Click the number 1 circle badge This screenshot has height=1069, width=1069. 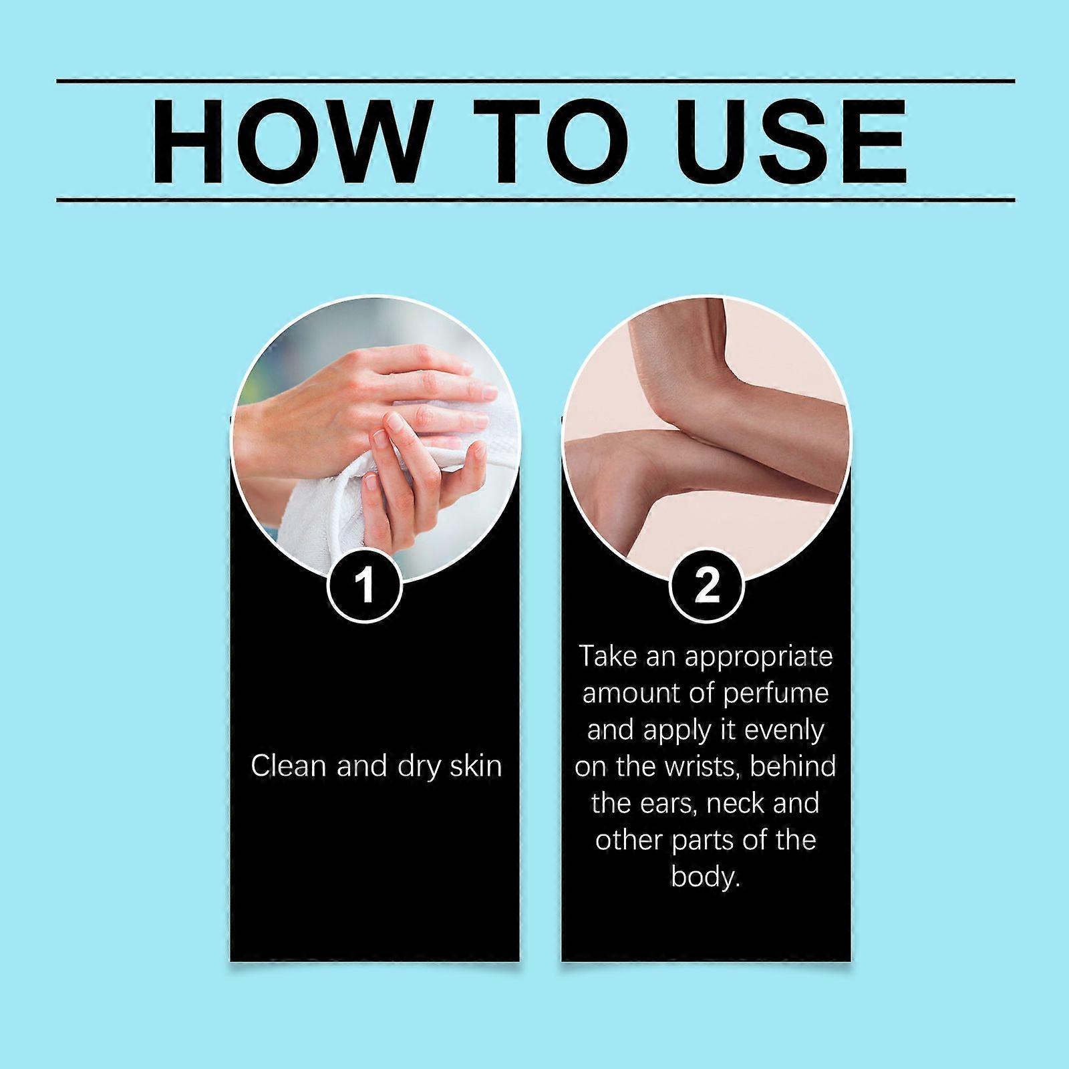365,586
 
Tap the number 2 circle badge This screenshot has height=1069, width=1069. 706,586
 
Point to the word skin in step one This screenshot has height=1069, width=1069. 475,766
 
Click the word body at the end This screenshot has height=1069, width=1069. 706,877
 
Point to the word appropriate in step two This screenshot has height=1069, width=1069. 759,657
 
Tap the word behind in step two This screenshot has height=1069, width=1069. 792,766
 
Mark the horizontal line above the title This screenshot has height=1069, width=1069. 535,82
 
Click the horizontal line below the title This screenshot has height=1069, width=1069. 535,199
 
